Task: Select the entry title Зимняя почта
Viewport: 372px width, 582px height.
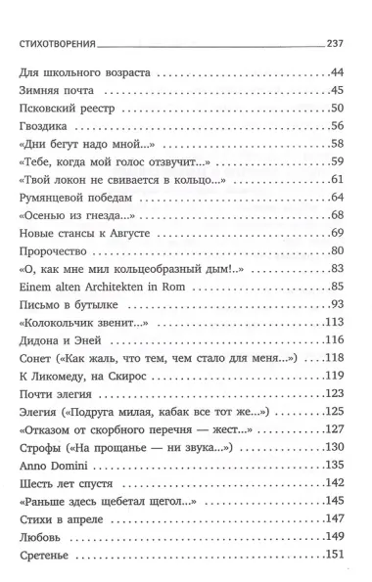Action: click(x=56, y=91)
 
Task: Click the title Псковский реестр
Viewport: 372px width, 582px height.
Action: click(x=67, y=108)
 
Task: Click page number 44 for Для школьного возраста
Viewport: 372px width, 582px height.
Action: click(x=341, y=73)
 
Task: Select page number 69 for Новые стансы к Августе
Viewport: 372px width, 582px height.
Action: click(x=341, y=233)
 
